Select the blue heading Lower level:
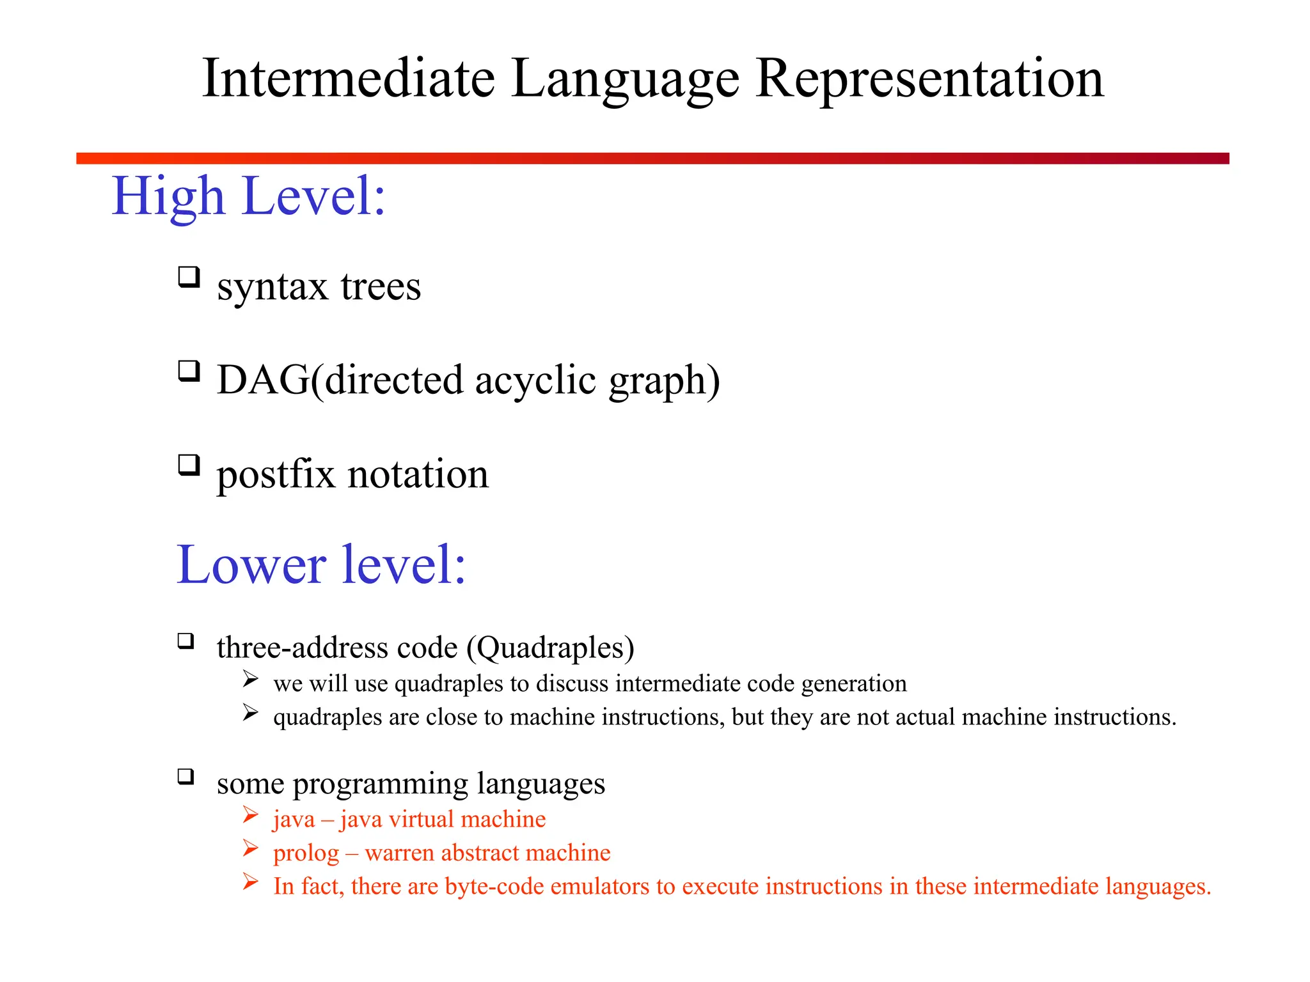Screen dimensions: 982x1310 coord(321,565)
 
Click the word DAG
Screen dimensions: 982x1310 coord(262,380)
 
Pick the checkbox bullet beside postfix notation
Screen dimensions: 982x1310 coord(189,465)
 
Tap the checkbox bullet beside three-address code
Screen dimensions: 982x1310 coord(186,641)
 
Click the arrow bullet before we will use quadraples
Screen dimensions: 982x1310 coord(250,680)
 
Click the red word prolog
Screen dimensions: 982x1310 coord(306,853)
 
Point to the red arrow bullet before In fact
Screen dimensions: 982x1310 coord(250,882)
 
